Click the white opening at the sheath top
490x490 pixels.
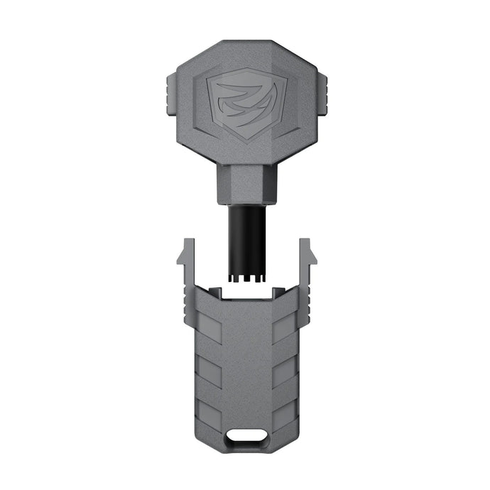coord(245,290)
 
